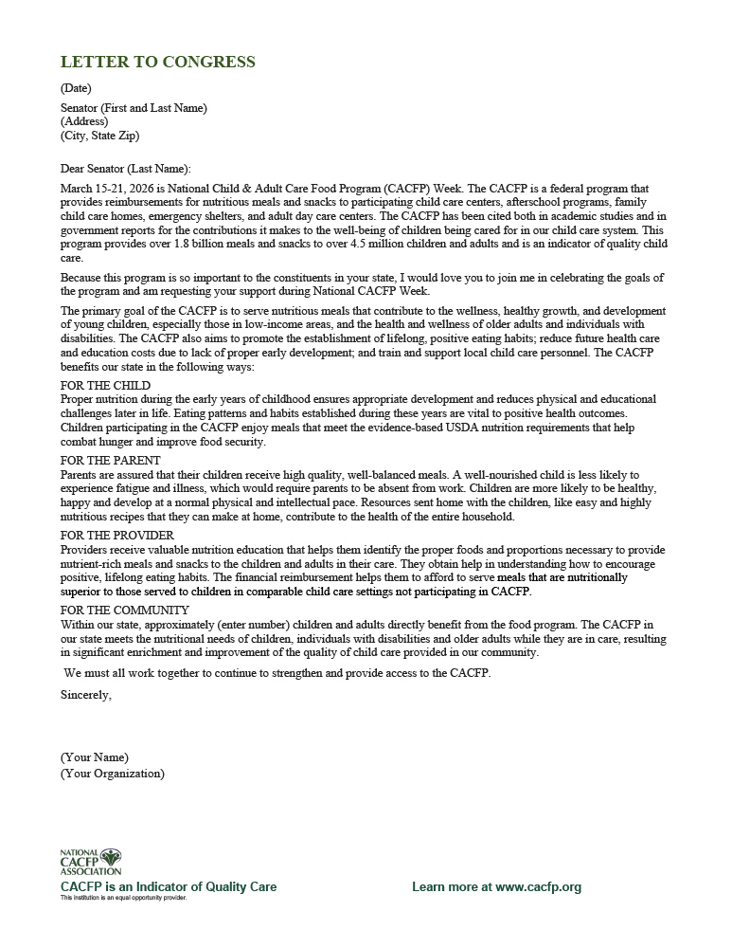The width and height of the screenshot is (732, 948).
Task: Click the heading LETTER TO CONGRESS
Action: (157, 63)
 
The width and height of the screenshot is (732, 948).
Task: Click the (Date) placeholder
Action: (76, 88)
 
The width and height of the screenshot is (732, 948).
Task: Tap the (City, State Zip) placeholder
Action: (99, 136)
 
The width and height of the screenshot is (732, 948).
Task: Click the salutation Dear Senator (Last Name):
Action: (125, 169)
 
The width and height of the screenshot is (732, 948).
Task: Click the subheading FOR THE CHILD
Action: (105, 386)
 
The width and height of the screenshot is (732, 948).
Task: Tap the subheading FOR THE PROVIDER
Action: (116, 536)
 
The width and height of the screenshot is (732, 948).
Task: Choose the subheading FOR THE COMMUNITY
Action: (124, 611)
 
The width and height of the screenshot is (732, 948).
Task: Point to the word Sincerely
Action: (85, 694)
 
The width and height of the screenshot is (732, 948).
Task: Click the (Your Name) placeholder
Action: (95, 757)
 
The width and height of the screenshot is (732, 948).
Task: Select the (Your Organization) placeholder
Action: (112, 774)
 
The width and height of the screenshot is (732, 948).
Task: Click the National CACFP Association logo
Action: (91, 861)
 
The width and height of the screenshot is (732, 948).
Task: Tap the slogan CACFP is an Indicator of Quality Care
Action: (169, 887)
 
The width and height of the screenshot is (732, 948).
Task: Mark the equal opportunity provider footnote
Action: (123, 898)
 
